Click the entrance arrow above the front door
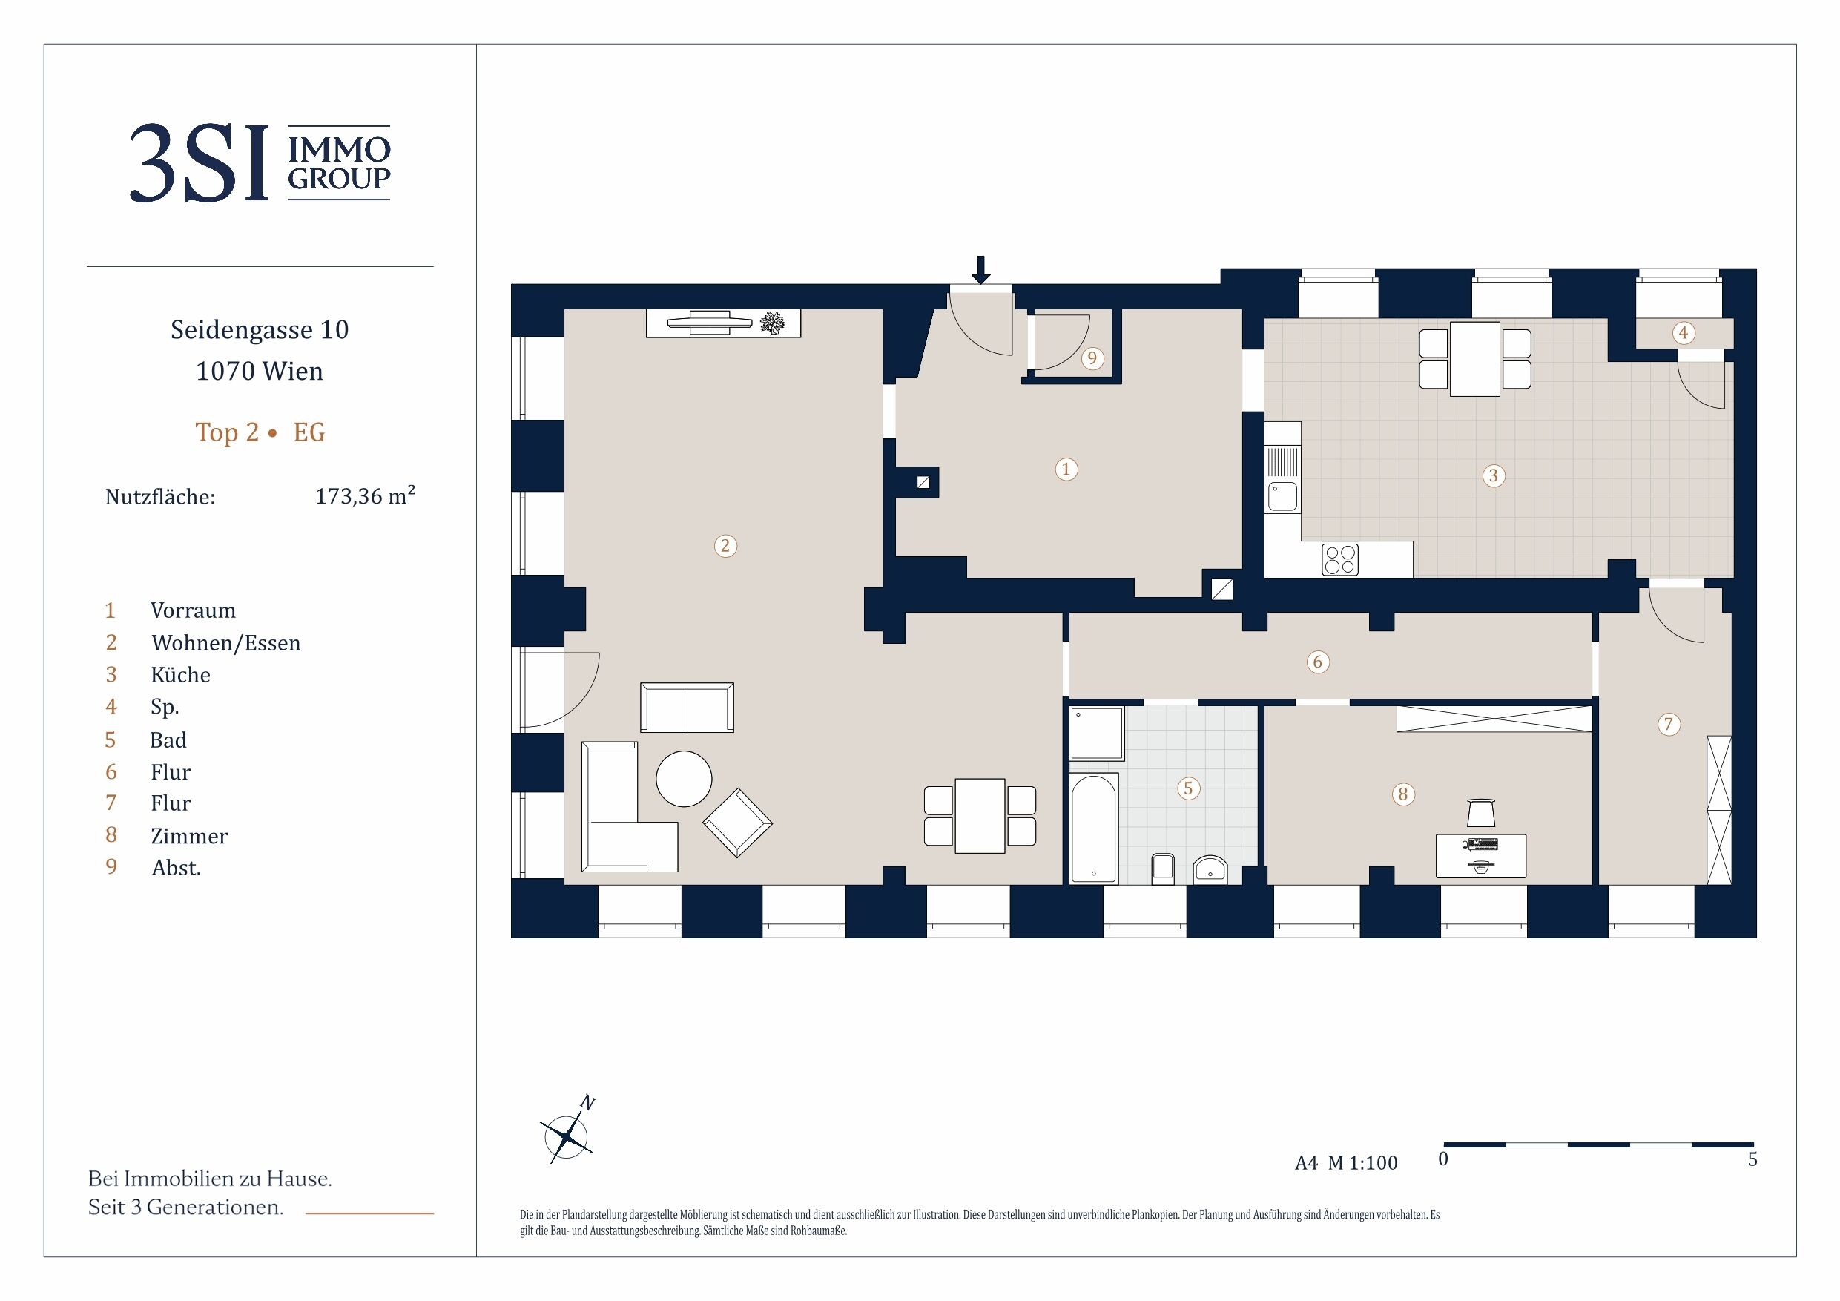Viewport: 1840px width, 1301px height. [980, 270]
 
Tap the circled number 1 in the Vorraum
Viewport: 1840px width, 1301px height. [1066, 469]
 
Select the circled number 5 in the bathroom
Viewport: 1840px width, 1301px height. [1188, 788]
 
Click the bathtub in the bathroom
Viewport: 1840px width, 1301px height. [1094, 828]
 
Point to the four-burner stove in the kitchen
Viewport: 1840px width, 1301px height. [1340, 559]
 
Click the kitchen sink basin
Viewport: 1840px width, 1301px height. [1282, 496]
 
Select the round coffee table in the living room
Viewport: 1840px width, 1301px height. [684, 778]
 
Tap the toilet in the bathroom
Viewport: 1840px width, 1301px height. [1163, 869]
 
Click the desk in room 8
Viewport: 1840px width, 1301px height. [1481, 855]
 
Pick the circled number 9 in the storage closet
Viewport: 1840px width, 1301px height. [1092, 358]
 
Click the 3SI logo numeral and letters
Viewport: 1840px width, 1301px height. [198, 162]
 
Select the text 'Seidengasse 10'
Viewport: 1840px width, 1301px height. [260, 329]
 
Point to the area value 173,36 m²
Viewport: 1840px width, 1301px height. [366, 495]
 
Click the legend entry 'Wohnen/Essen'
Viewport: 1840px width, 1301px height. [226, 643]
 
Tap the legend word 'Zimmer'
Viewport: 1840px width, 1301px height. [189, 836]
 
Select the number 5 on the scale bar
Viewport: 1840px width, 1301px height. [1752, 1159]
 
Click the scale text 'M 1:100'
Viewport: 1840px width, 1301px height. [1362, 1162]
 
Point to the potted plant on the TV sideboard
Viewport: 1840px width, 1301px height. [772, 323]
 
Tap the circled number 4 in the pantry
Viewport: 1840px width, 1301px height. [1683, 332]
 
